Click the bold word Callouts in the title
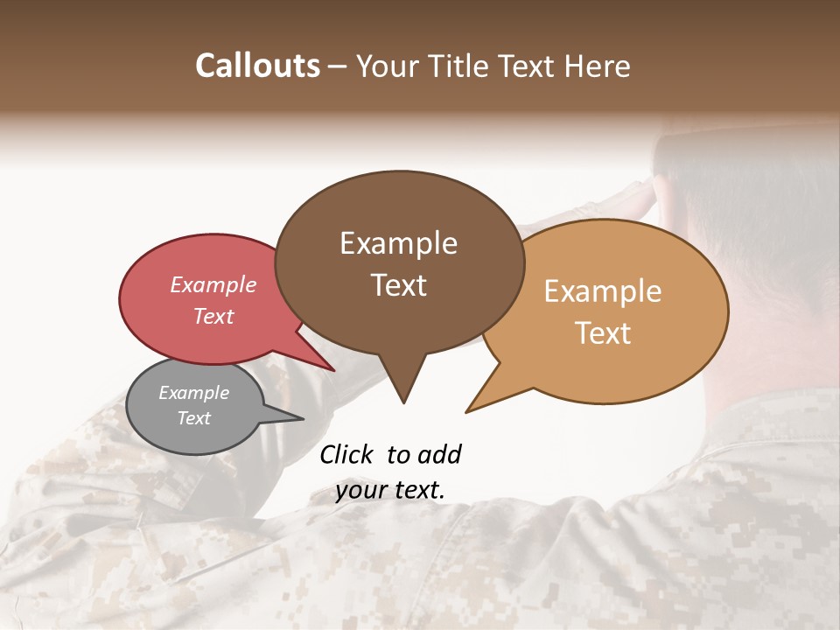[257, 66]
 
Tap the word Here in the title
[594, 66]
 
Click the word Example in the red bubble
[213, 284]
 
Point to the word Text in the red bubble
[213, 316]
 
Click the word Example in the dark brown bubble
[398, 243]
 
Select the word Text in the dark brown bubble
[398, 285]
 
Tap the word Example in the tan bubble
[603, 291]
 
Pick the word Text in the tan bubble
[603, 333]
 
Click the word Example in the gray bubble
[193, 393]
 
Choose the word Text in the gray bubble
[193, 418]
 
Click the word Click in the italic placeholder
[347, 454]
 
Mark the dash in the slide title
[339, 66]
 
